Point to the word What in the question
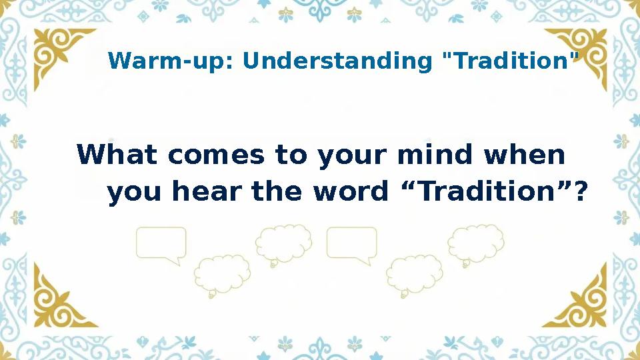tap(117, 156)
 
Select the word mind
tap(436, 156)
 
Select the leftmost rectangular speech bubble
tap(161, 244)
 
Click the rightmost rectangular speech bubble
tap(352, 244)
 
